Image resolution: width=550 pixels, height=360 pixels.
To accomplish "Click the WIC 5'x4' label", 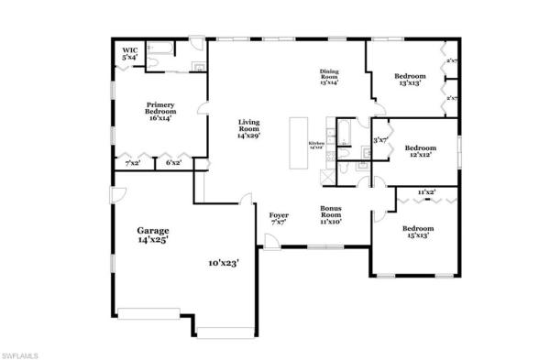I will click(131, 54).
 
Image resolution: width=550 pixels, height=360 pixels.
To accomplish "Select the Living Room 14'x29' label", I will click(249, 129).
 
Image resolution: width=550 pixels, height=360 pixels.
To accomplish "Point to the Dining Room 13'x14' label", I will click(330, 77).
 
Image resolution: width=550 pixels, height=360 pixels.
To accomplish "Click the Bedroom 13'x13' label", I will click(409, 80).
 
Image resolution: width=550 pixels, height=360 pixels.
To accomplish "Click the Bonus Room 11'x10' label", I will click(331, 214).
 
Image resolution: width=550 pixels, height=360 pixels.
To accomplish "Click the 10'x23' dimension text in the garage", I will click(223, 263).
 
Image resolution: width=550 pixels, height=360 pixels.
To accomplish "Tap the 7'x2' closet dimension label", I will click(134, 163).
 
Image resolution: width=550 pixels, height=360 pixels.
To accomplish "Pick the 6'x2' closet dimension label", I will click(171, 163).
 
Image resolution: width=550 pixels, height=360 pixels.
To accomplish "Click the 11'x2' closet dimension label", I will click(425, 192).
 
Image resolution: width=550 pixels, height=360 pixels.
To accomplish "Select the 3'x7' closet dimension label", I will click(379, 140).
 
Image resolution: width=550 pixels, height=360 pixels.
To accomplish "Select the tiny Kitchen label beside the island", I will click(317, 144).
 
